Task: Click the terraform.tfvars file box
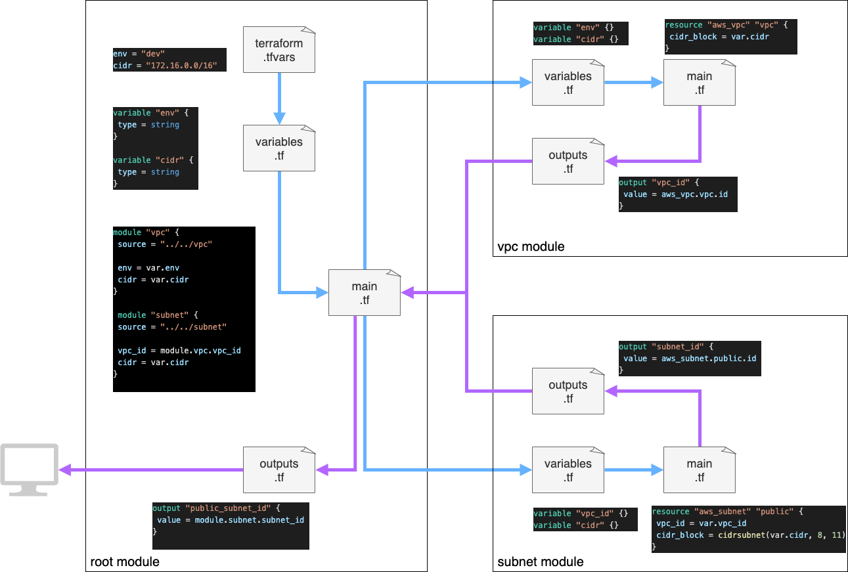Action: click(x=279, y=50)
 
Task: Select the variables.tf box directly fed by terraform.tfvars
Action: click(x=279, y=148)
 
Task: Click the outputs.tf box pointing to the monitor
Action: click(x=279, y=470)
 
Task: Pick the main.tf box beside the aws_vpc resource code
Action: click(x=699, y=83)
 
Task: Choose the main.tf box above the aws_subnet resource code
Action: click(x=699, y=470)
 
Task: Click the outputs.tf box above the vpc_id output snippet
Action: click(x=568, y=162)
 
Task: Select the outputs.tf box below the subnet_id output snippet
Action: click(x=568, y=391)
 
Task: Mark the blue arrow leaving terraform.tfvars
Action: click(x=279, y=99)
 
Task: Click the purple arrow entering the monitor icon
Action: click(x=151, y=470)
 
